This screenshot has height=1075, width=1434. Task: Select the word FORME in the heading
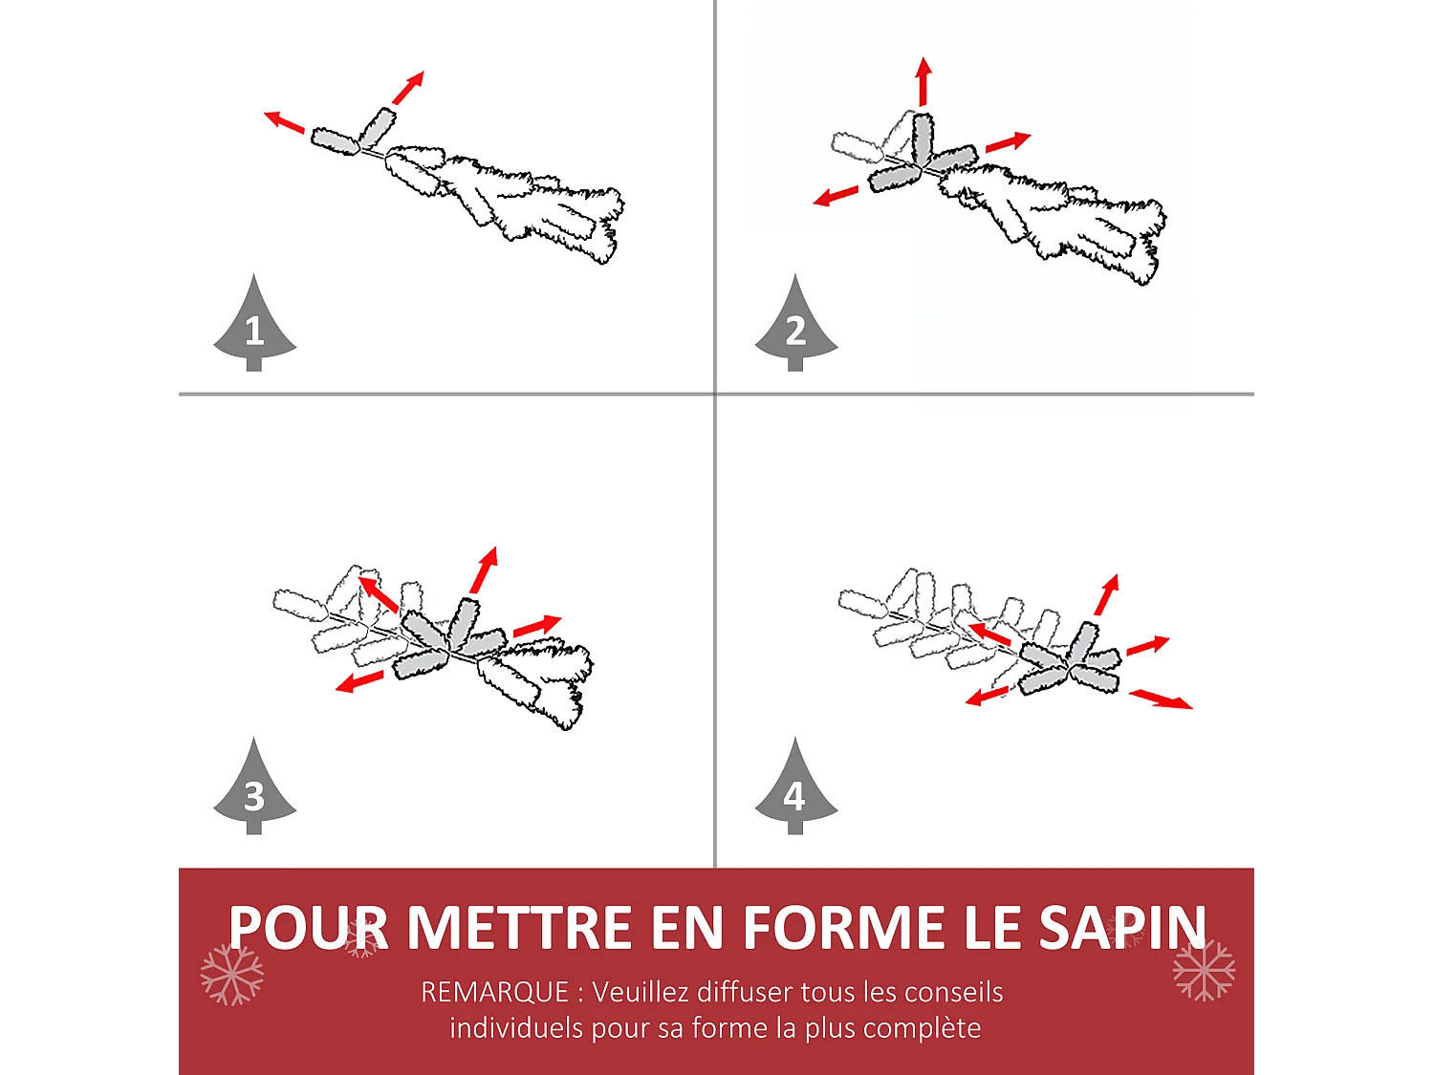(x=848, y=927)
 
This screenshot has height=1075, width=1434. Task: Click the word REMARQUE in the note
(x=494, y=993)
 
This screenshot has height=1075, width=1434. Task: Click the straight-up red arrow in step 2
(x=923, y=81)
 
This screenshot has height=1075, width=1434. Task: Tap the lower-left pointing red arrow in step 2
(x=836, y=195)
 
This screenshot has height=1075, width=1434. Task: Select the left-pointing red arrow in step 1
(x=284, y=122)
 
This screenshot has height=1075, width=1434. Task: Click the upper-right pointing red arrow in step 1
(x=408, y=88)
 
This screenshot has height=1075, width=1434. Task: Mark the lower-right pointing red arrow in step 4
(x=1161, y=699)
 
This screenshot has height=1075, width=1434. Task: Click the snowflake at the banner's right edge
(x=1204, y=970)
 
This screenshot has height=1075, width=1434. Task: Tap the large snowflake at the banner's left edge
(x=232, y=975)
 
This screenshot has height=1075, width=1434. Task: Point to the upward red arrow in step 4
(x=1107, y=594)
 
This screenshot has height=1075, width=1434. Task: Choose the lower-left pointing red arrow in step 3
(x=359, y=681)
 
